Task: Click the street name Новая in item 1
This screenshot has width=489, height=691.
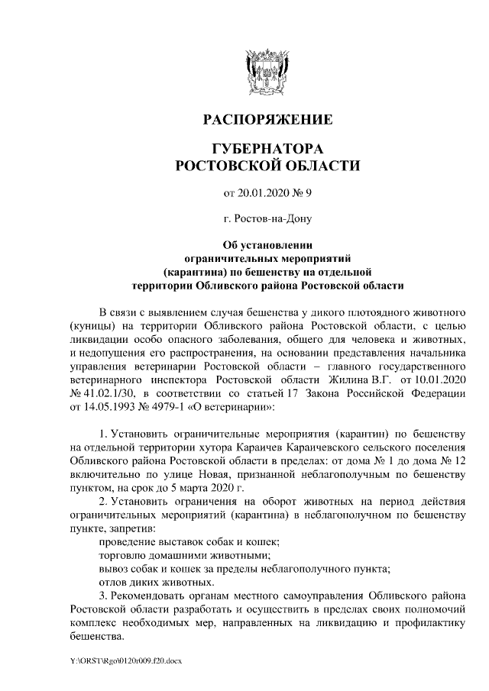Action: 206,474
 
